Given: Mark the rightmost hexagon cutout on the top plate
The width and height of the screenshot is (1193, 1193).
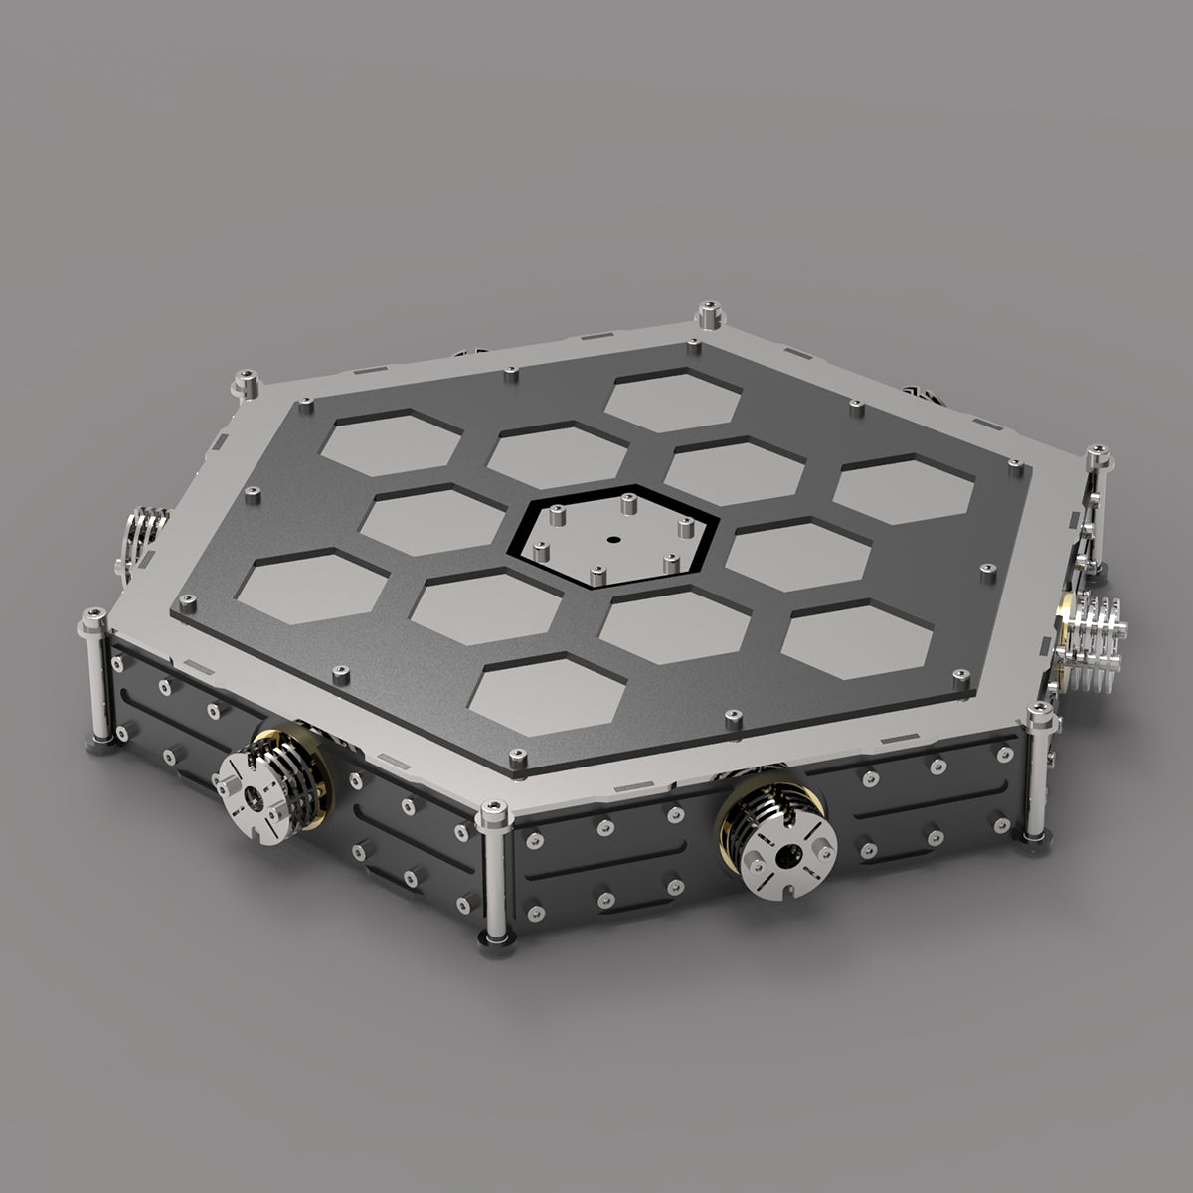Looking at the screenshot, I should click(x=904, y=486).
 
